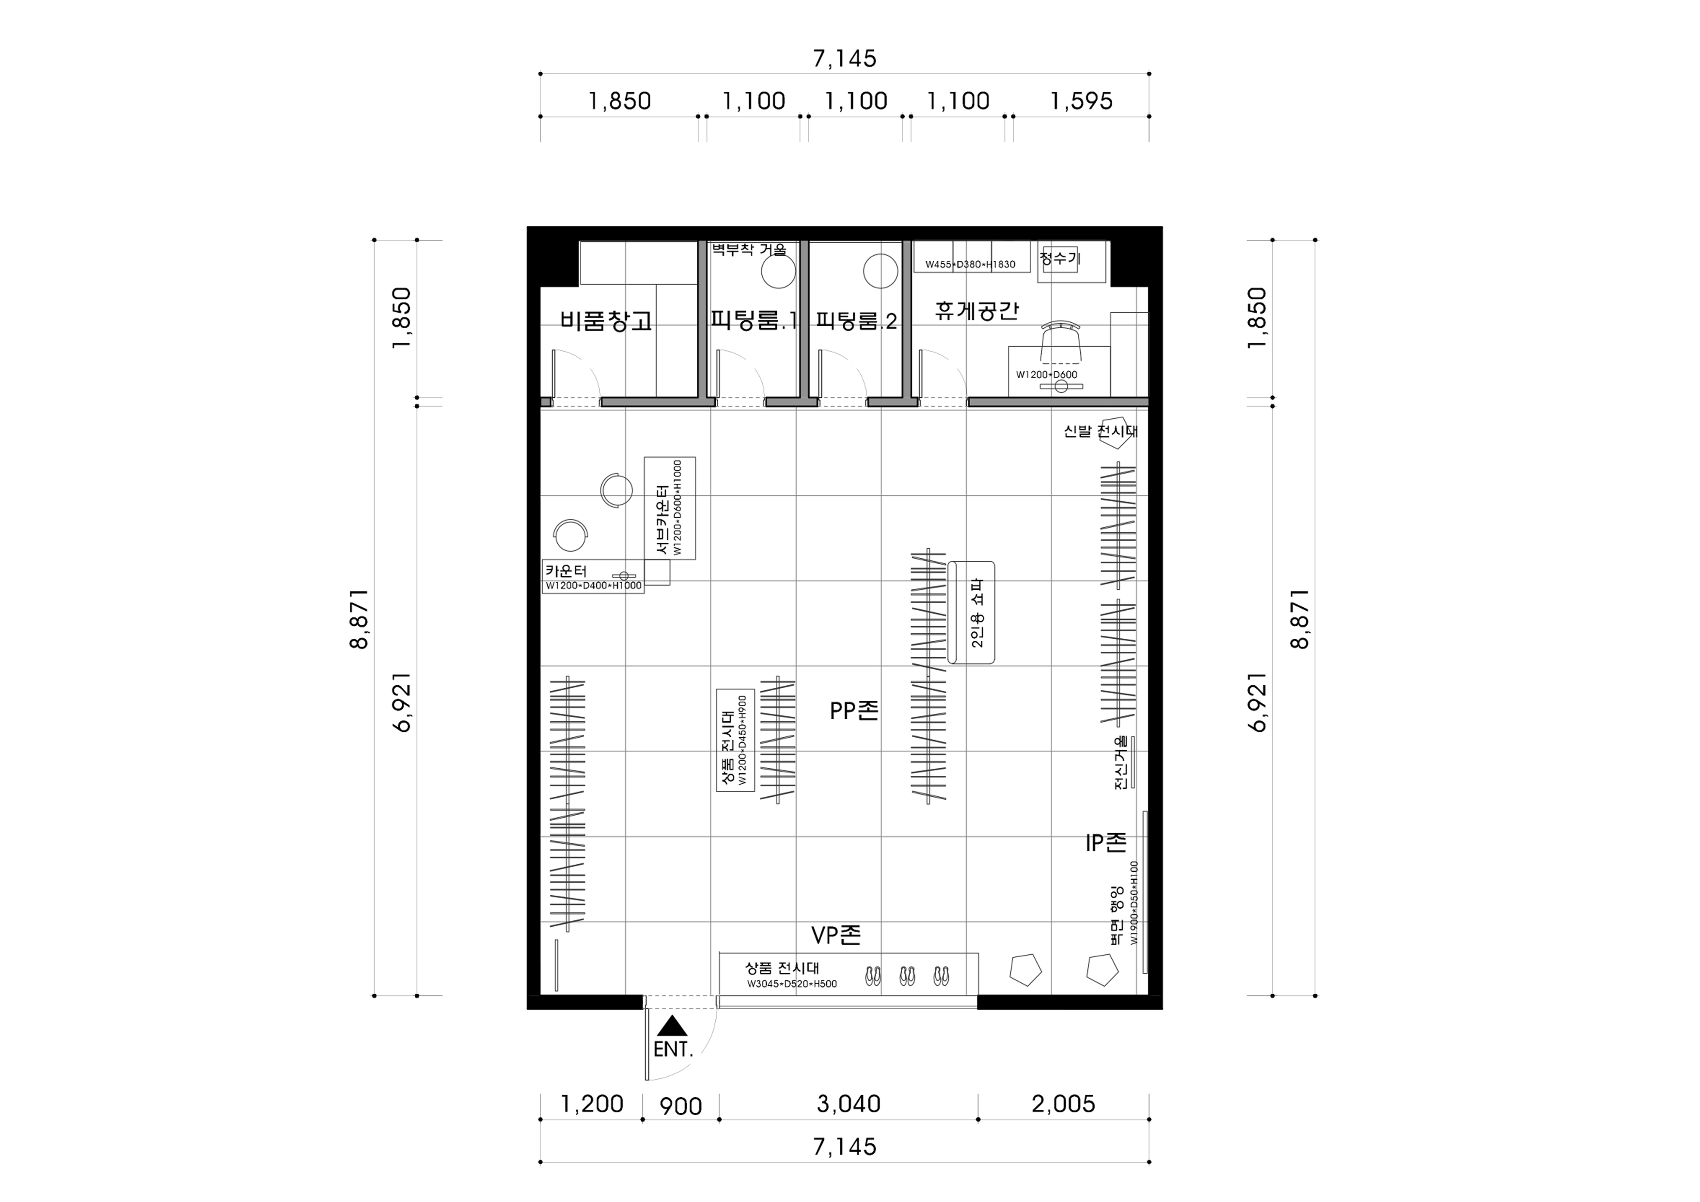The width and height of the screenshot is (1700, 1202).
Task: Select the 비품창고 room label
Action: point(606,321)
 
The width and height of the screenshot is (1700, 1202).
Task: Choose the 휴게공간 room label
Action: point(976,310)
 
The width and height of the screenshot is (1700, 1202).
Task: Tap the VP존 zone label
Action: point(836,935)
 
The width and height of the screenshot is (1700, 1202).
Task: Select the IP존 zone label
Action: point(1105,842)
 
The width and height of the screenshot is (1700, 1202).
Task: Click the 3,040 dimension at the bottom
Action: point(849,1104)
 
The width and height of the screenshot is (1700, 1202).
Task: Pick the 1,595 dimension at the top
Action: point(1081,101)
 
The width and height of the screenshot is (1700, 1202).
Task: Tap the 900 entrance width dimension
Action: point(680,1107)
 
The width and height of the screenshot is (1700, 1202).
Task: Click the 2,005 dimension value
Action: point(1063,1104)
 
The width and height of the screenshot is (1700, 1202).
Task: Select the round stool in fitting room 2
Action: point(881,271)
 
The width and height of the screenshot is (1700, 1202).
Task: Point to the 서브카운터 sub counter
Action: point(669,508)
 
